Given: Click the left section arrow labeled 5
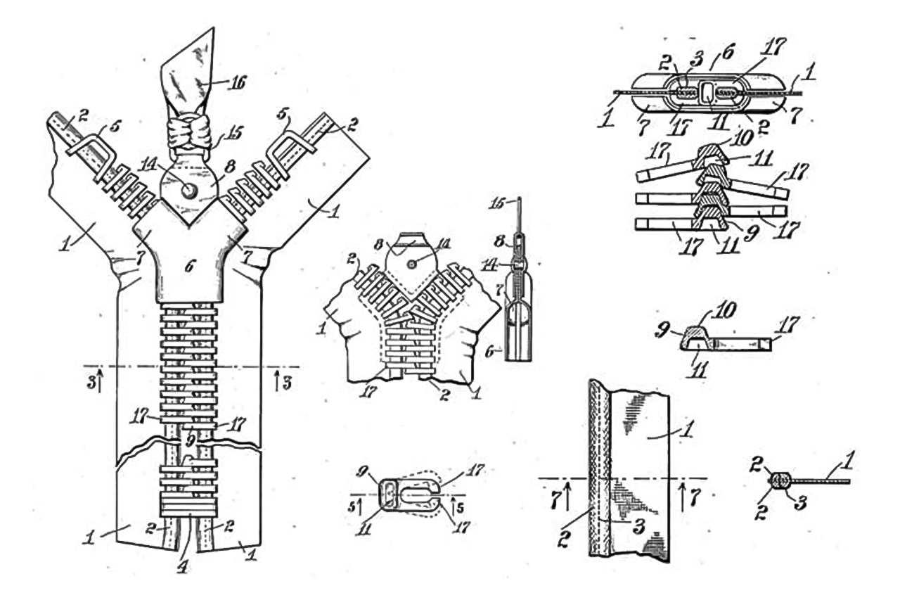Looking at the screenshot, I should [x=360, y=504].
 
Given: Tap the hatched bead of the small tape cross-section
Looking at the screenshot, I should [x=780, y=481].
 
